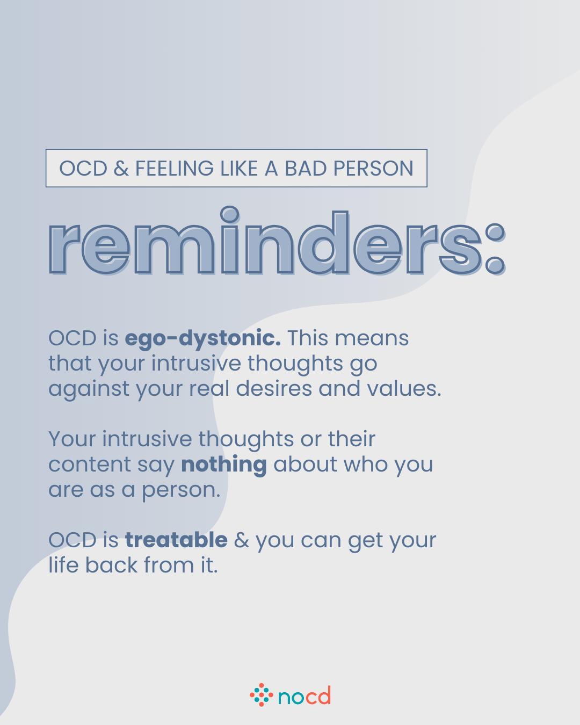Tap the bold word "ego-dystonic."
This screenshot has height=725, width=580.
(202, 338)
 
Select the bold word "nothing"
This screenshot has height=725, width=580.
(223, 464)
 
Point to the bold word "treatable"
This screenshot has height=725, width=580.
(176, 540)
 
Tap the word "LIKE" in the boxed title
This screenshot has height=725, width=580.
(238, 168)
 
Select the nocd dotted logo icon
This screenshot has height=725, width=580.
(261, 695)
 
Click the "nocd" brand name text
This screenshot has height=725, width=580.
(304, 697)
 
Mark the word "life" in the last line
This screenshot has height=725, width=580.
(63, 564)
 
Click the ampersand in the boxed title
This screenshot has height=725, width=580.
(121, 168)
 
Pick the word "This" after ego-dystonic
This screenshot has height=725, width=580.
(307, 338)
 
